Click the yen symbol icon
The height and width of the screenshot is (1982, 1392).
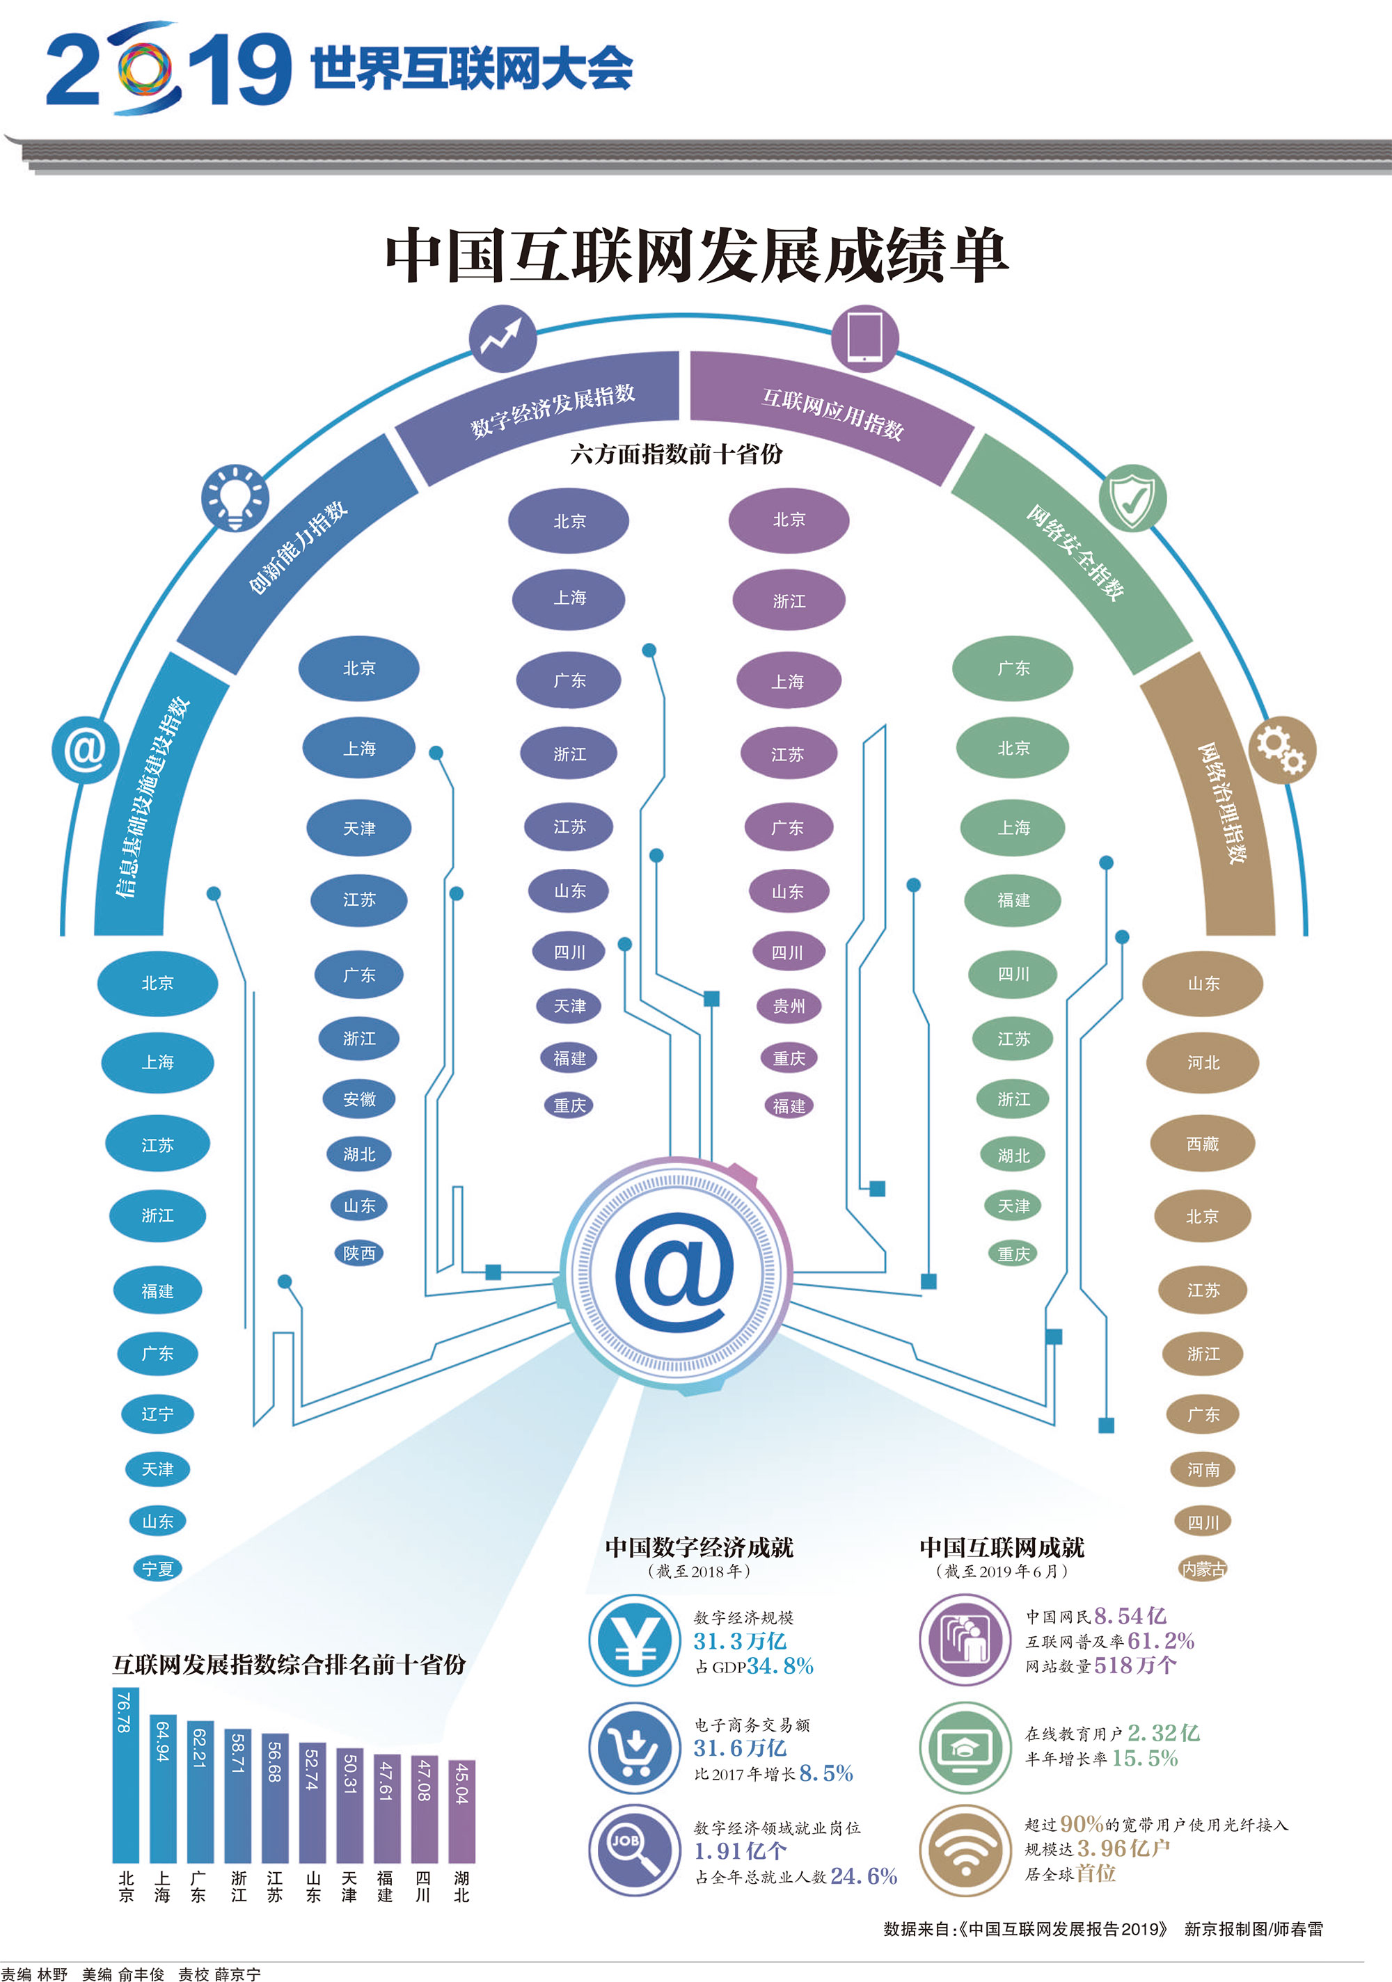click(635, 1640)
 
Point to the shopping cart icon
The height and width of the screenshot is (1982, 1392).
click(635, 1748)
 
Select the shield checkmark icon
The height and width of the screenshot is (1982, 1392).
click(1132, 498)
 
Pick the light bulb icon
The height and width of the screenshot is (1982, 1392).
click(234, 498)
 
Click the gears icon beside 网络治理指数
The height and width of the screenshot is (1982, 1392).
click(1281, 749)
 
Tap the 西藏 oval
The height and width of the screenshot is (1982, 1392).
click(1202, 1144)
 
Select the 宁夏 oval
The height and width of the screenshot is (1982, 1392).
click(158, 1569)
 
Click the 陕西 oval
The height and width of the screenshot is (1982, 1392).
click(359, 1252)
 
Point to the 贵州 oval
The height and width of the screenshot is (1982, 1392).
click(789, 1006)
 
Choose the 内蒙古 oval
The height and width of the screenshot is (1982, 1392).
click(1203, 1569)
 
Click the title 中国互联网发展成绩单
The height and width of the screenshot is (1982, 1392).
click(696, 255)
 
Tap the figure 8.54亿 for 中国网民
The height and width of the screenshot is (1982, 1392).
click(1130, 1616)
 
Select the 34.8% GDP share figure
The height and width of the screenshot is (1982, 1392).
click(780, 1666)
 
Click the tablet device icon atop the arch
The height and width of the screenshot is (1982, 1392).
click(864, 337)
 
